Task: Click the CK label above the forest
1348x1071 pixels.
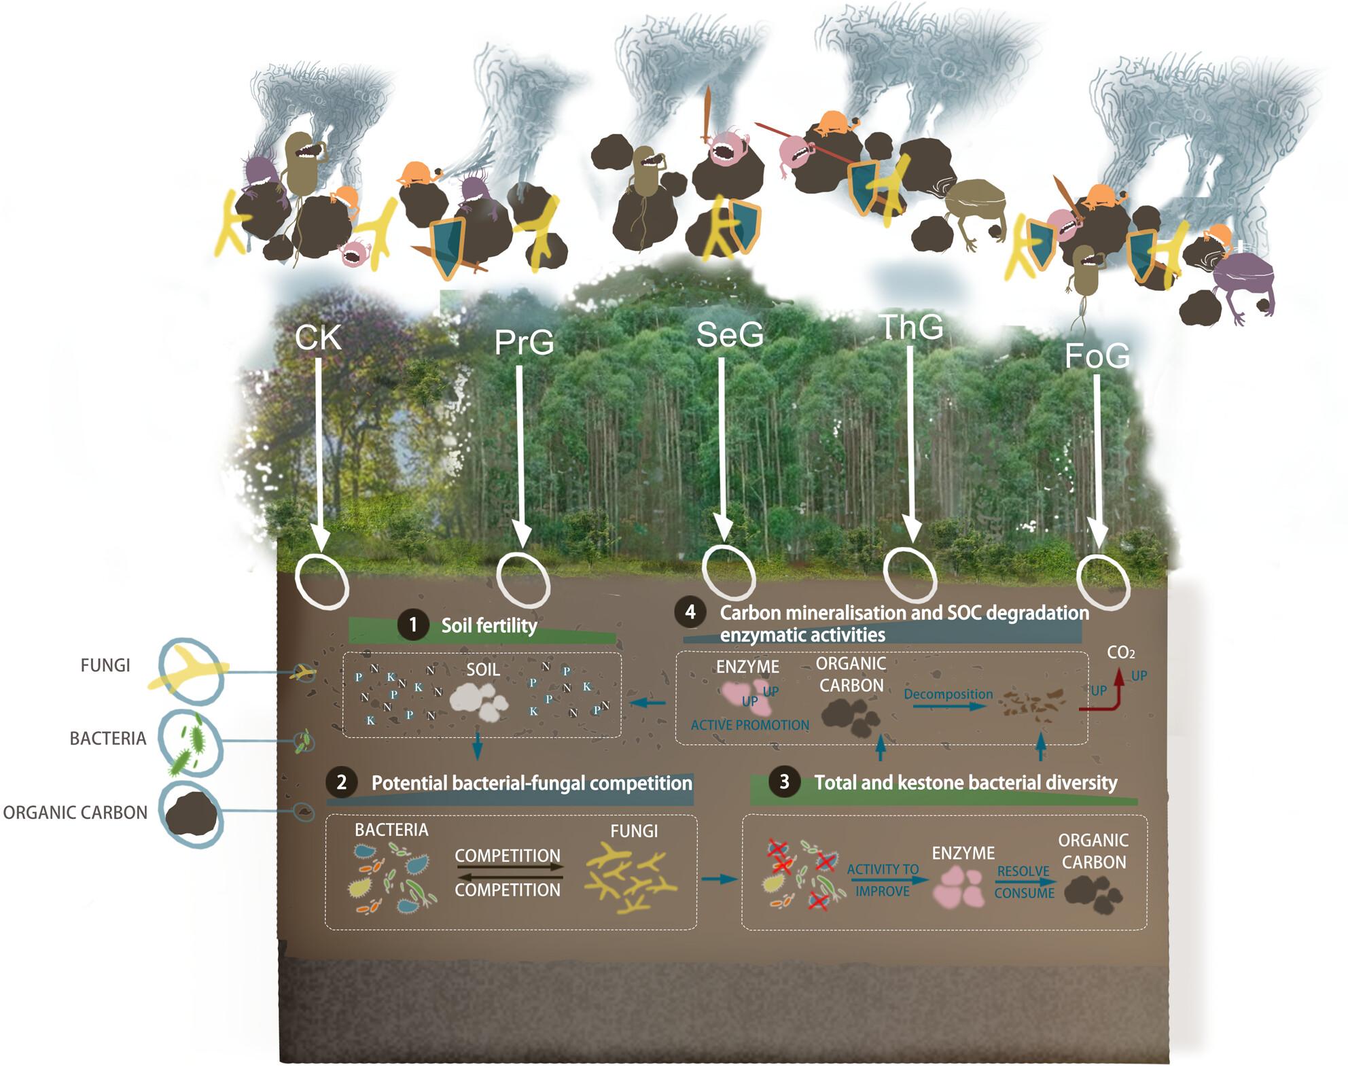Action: point(318,338)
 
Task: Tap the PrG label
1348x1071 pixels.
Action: point(524,342)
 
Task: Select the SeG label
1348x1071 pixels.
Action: point(730,334)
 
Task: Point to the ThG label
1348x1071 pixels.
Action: point(911,327)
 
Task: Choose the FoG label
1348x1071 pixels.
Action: point(1097,355)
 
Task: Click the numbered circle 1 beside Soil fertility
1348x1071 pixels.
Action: point(413,625)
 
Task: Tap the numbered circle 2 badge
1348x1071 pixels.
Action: point(342,782)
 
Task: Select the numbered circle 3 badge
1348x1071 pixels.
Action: point(784,782)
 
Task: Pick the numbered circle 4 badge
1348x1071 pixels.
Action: point(690,612)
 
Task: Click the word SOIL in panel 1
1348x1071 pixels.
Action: point(482,669)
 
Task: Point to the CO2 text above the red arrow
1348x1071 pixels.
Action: point(1120,653)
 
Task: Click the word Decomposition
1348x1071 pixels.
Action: point(948,694)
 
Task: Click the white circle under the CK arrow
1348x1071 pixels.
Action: point(322,581)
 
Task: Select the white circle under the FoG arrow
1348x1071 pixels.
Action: point(1104,582)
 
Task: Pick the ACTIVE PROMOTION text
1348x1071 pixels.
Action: point(750,725)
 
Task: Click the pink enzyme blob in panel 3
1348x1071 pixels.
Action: point(958,886)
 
